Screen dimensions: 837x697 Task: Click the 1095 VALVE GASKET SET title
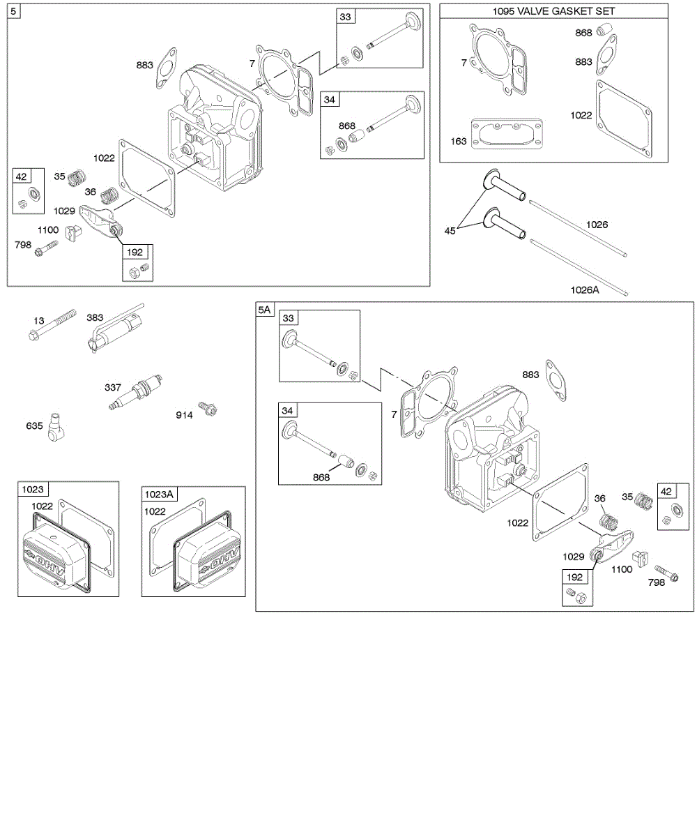[x=554, y=12]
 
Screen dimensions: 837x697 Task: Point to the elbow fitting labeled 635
[x=55, y=432]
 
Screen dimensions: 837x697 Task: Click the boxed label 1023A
[x=160, y=495]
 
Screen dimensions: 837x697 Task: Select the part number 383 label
[x=95, y=317]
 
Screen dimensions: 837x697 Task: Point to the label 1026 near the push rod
[x=597, y=225]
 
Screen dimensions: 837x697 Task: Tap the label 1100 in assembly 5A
[x=621, y=569]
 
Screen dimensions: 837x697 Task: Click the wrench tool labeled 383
[x=115, y=327]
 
